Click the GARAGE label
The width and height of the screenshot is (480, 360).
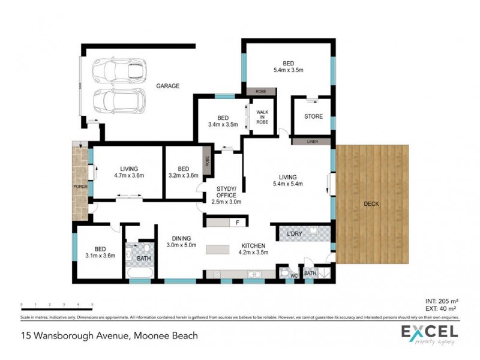[168, 86]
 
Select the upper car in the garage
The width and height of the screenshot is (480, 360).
[119, 70]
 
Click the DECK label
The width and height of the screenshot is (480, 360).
[372, 204]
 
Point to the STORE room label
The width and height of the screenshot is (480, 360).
[313, 116]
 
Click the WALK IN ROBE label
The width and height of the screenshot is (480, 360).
[262, 116]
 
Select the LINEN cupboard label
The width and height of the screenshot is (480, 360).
[312, 142]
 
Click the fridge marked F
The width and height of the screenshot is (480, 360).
[238, 223]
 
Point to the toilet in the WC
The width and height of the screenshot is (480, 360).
[286, 274]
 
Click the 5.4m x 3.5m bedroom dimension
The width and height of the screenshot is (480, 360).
[288, 70]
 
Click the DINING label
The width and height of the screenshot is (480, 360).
[181, 238]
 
